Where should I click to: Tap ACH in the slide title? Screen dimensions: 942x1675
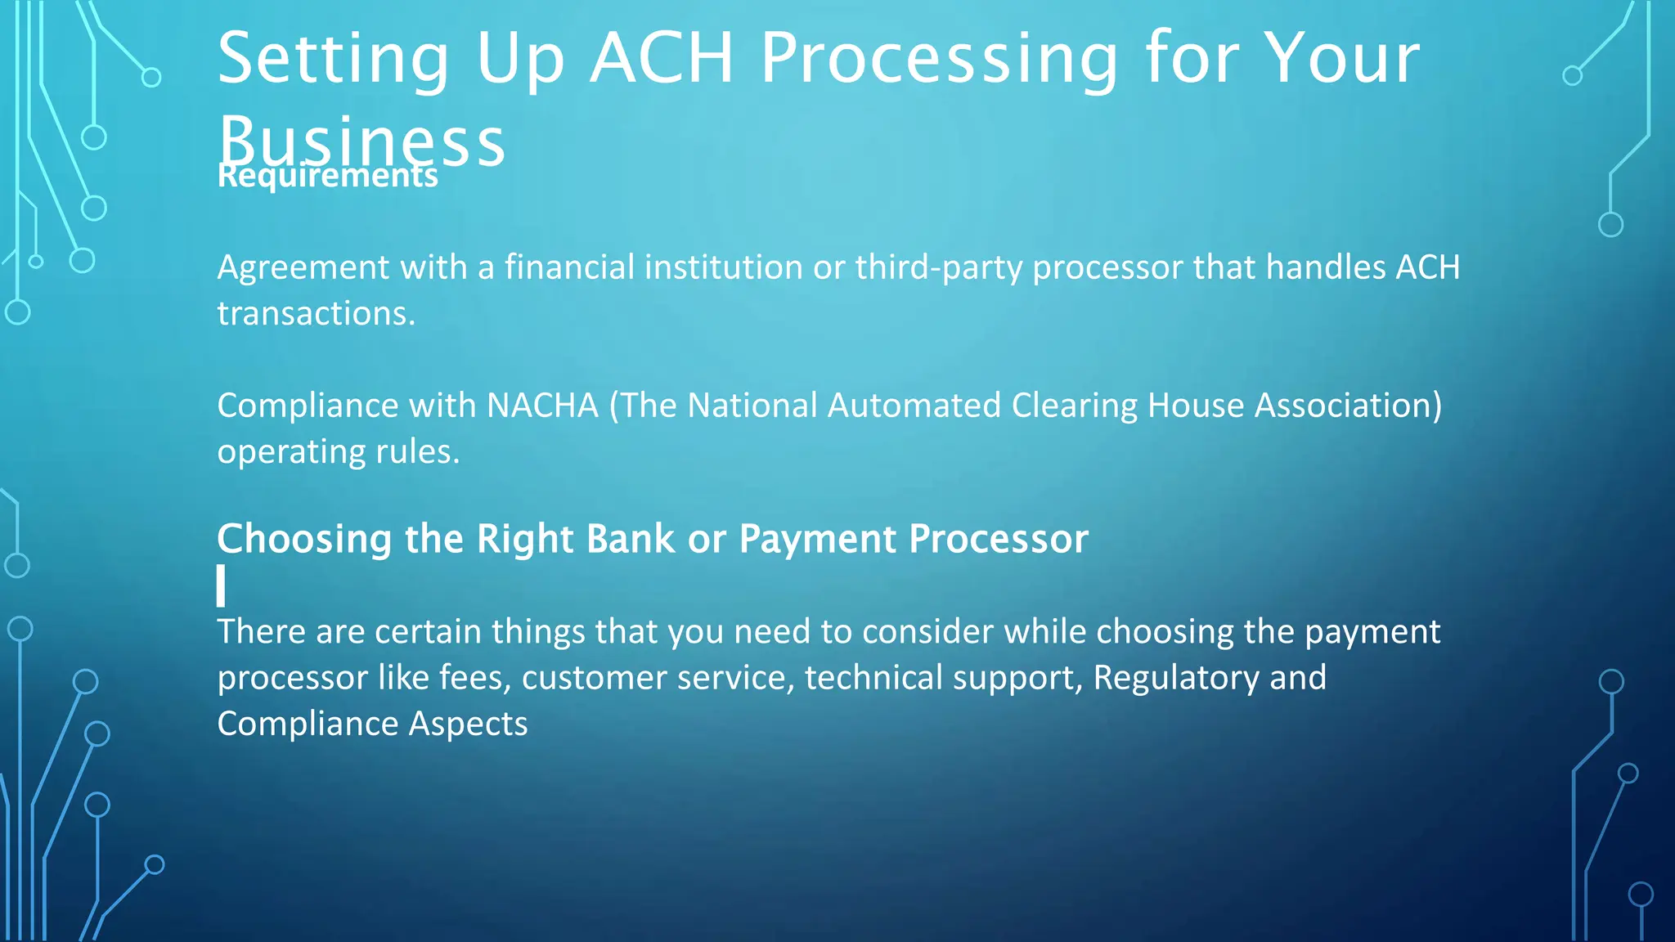[x=661, y=59]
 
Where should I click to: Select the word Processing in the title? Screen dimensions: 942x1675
[x=939, y=59]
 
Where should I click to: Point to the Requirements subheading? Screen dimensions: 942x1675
[x=327, y=177]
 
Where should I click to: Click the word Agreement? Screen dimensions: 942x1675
[x=303, y=268]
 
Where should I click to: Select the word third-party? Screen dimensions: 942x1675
[x=938, y=268]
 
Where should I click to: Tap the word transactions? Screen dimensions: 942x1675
[x=316, y=314]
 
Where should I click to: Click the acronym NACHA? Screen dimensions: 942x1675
[x=542, y=406]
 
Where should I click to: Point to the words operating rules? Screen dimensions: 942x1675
[x=338, y=452]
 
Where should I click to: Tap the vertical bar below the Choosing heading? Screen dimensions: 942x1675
[x=221, y=585]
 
